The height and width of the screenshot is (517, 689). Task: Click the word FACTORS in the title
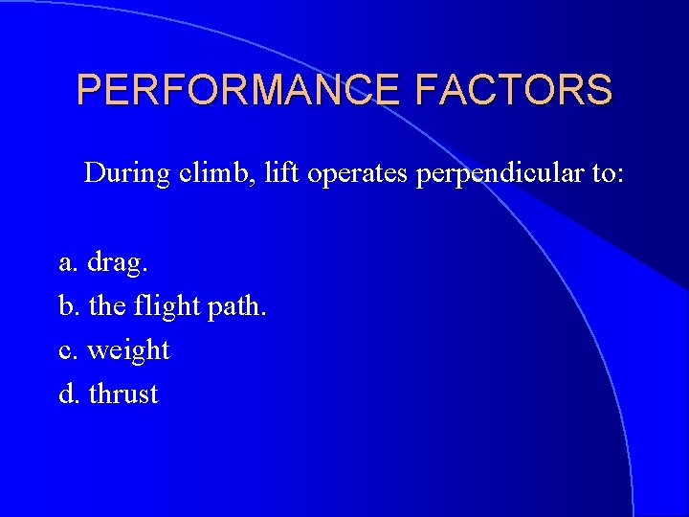click(x=514, y=90)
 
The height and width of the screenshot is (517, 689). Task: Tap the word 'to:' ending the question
click(x=603, y=173)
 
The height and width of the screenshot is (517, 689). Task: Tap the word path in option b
click(x=240, y=307)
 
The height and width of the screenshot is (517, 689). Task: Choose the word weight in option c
click(x=128, y=351)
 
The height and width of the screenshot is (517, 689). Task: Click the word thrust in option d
click(x=123, y=393)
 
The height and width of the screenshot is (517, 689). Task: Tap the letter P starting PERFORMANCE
click(x=88, y=90)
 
